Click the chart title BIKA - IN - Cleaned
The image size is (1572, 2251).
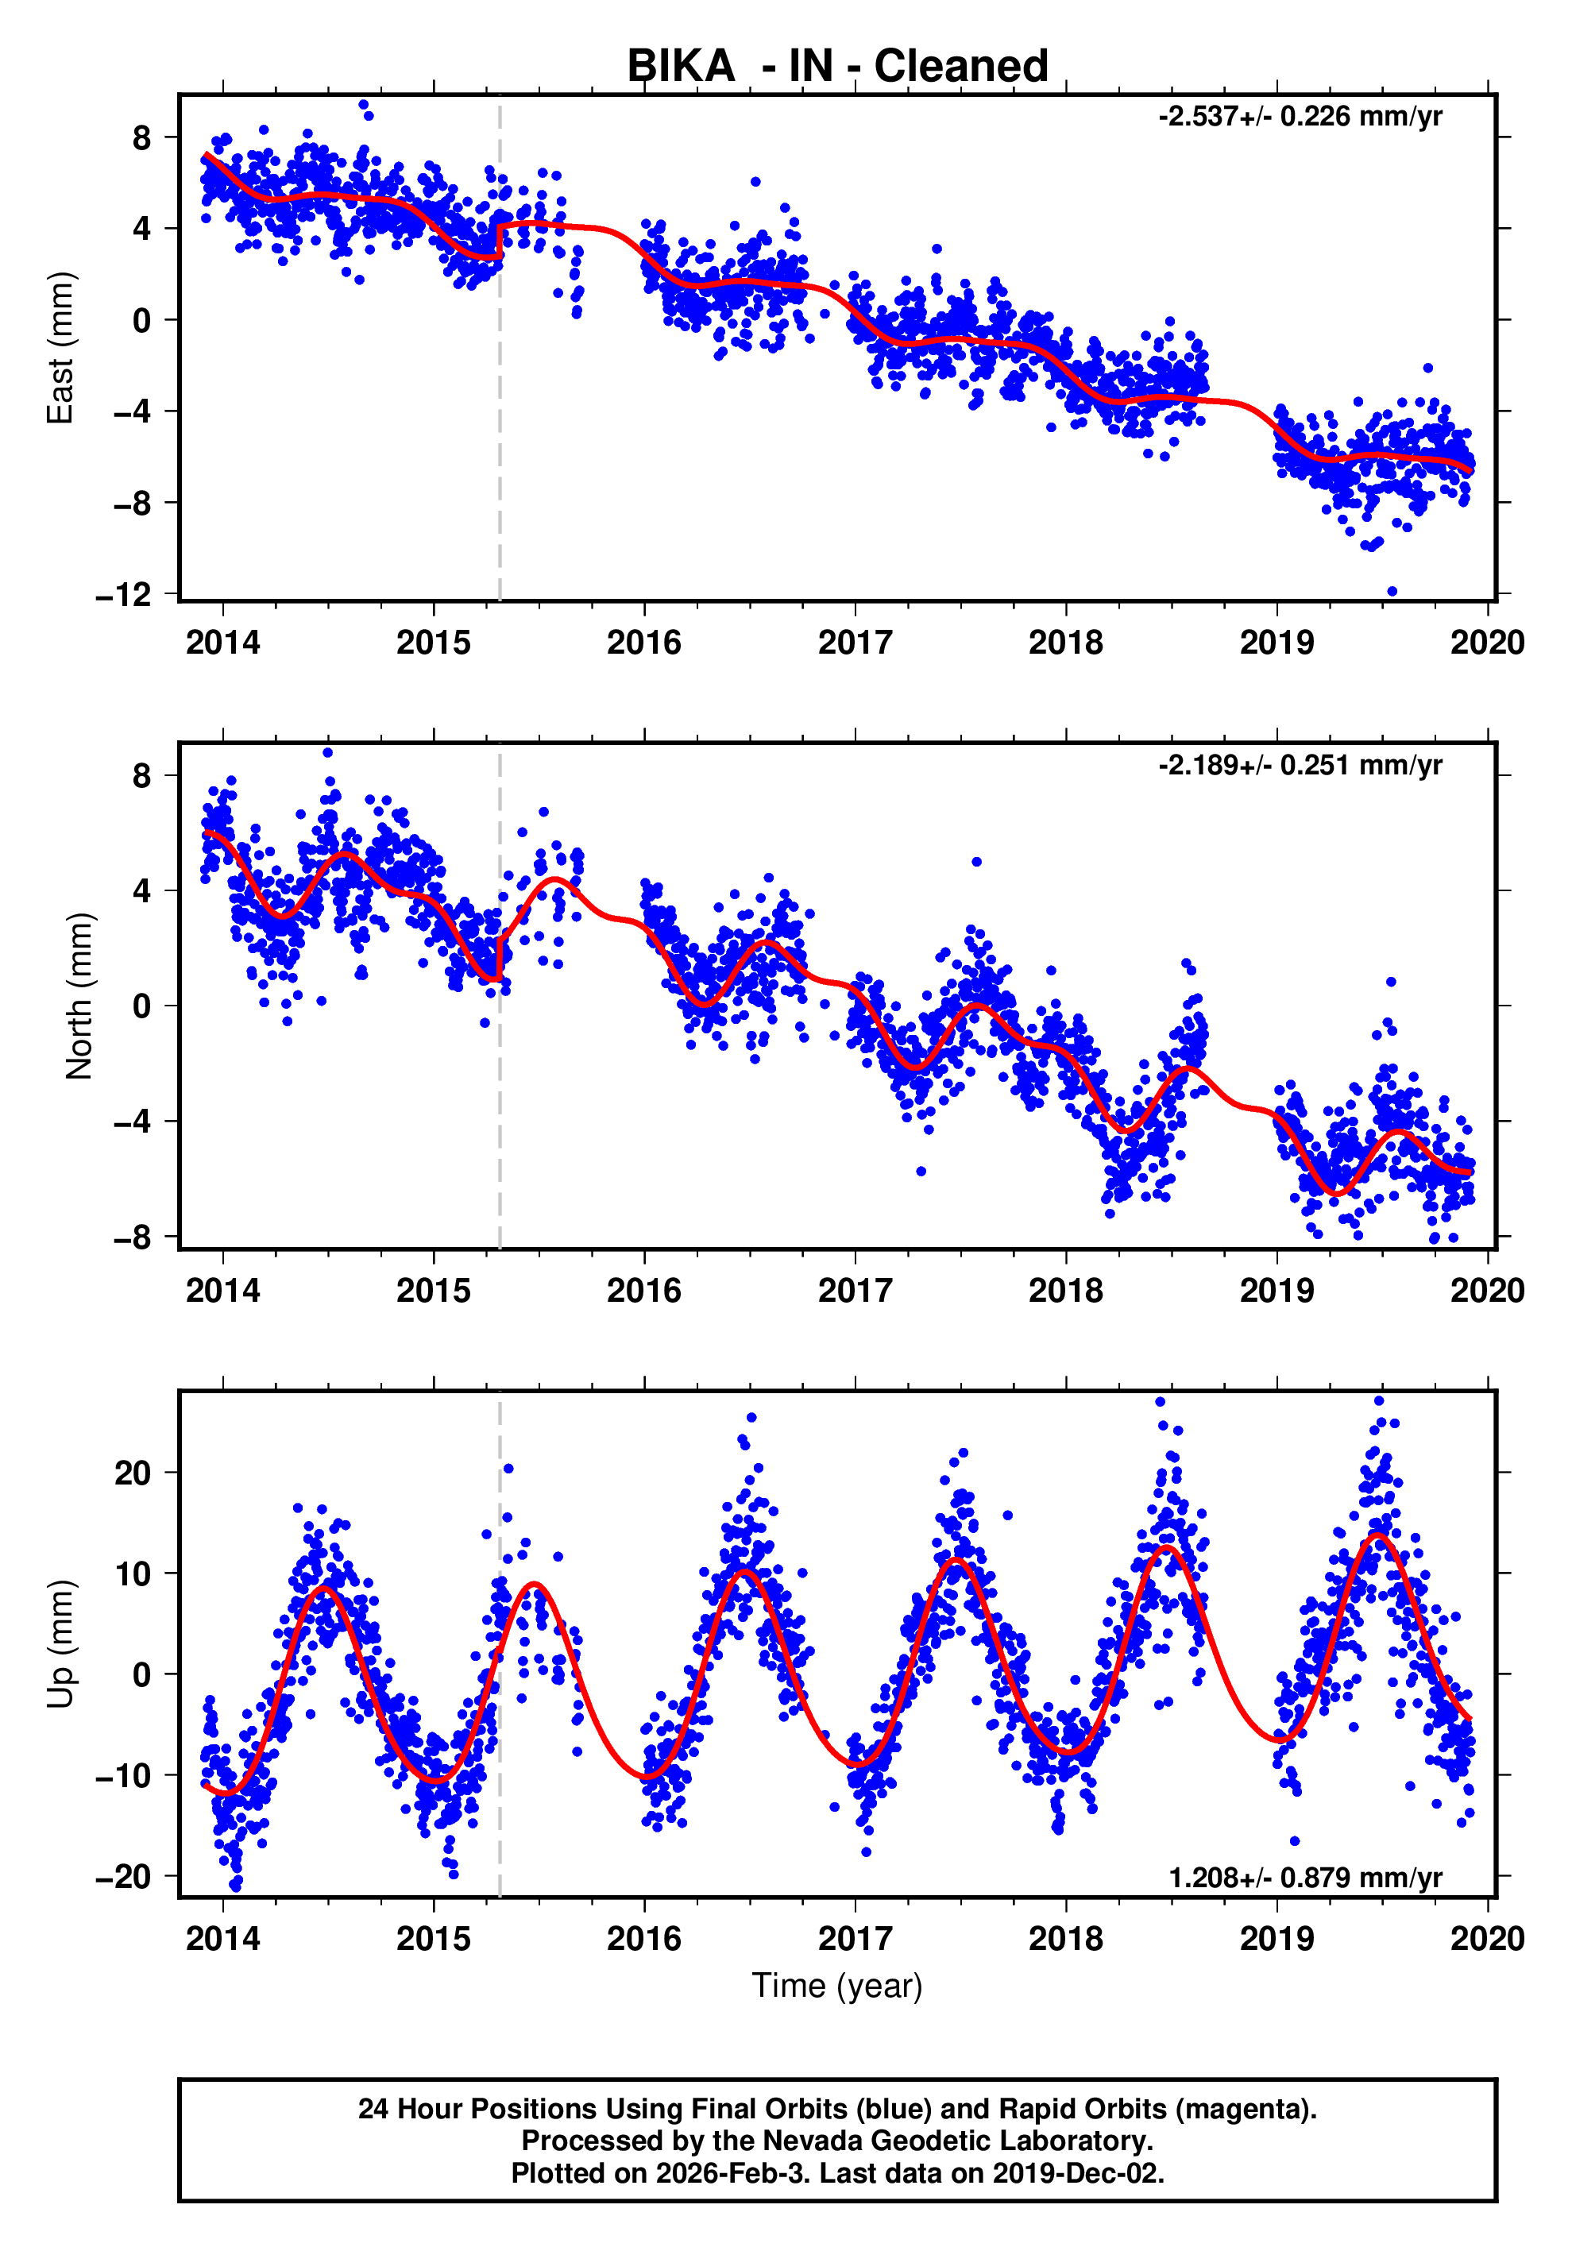[836, 67]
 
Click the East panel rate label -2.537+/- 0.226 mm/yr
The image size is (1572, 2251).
[1300, 117]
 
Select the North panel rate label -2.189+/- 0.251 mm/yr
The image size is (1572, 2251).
[1300, 765]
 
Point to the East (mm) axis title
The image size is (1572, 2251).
[61, 348]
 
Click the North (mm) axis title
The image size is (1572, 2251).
[79, 996]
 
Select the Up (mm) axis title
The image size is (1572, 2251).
[61, 1644]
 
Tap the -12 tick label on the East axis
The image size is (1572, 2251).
[124, 595]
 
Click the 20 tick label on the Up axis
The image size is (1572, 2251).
[133, 1473]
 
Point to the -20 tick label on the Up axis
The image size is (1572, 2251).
[124, 1876]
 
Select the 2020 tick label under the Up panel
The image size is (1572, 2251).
[1487, 1939]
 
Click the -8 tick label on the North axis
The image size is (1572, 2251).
[133, 1237]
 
